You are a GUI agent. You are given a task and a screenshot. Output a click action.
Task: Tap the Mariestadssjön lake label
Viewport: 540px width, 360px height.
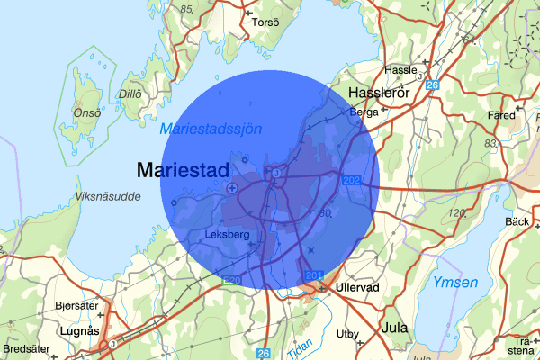pyautogui.click(x=211, y=129)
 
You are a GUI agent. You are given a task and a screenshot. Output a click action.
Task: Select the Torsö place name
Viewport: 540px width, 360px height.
pyautogui.click(x=266, y=22)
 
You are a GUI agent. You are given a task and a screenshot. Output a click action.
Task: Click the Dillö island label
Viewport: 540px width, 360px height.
pyautogui.click(x=131, y=93)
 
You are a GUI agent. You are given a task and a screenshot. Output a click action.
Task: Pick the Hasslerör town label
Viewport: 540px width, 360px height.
pyautogui.click(x=378, y=93)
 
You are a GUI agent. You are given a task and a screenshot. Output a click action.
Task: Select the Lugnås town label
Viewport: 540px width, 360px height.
pyautogui.click(x=76, y=330)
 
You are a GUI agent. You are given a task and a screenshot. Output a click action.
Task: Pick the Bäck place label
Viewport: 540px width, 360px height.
pyautogui.click(x=517, y=221)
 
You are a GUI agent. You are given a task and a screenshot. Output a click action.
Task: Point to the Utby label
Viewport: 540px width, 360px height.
pyautogui.click(x=347, y=334)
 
